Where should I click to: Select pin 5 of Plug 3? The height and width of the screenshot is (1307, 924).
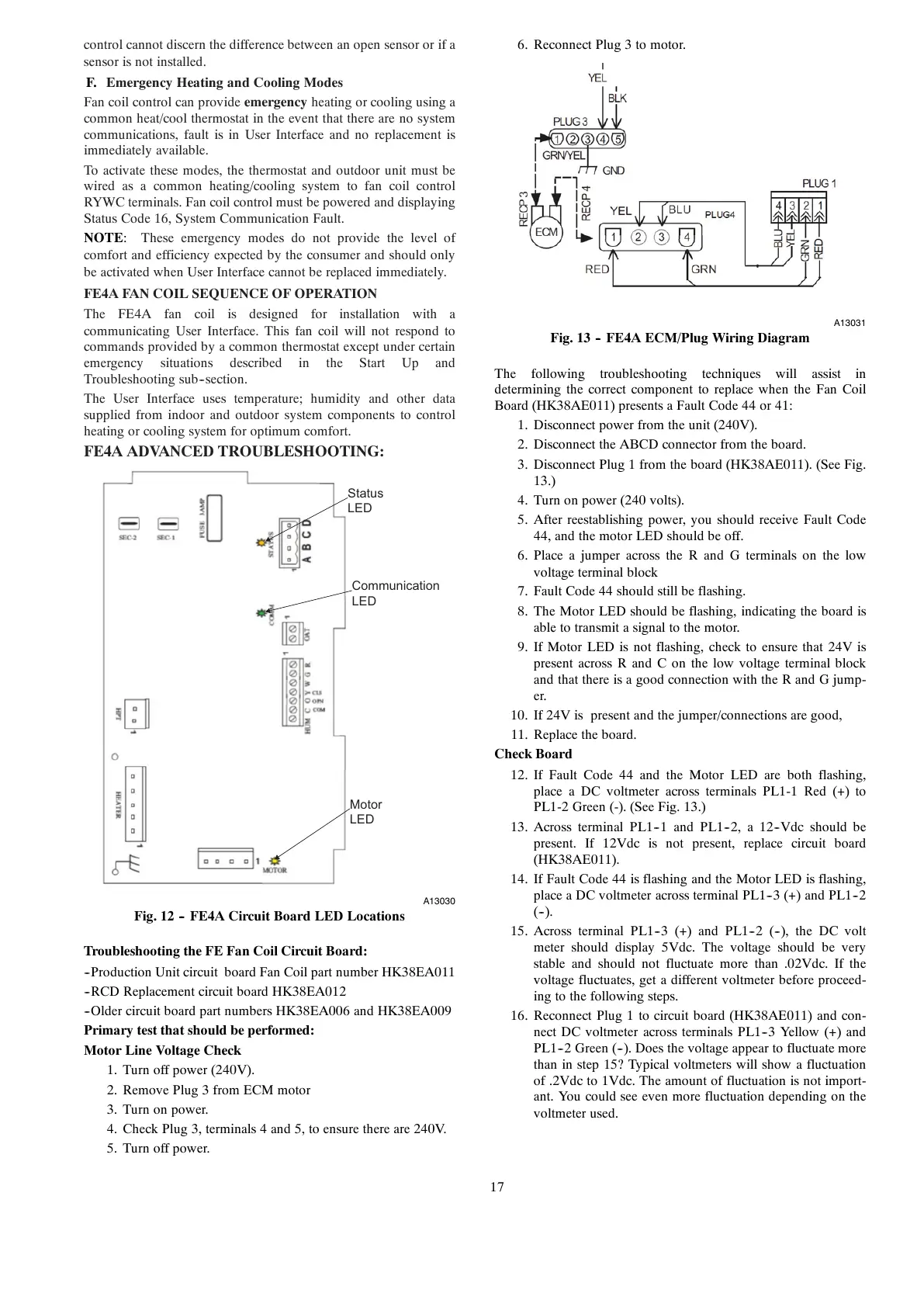coord(617,140)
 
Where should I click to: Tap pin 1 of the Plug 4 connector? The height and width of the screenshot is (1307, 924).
coord(613,237)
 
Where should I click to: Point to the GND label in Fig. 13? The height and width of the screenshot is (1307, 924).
coord(614,171)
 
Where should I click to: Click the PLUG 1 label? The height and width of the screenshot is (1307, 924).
coord(819,184)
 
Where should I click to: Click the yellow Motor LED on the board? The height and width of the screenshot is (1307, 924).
coord(275,860)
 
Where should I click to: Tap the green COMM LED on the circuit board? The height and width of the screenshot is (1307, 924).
coord(261,613)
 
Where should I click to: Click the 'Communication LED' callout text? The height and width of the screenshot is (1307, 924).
coord(395,594)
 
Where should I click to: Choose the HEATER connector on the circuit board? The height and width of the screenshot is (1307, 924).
coord(134,805)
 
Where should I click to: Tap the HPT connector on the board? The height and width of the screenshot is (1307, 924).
coord(137,714)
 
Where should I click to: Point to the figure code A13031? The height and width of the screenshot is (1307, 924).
coord(850,322)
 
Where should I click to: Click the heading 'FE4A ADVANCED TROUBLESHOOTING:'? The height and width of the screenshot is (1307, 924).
coord(234,452)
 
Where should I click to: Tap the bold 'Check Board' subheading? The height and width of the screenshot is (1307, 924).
coord(533,754)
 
